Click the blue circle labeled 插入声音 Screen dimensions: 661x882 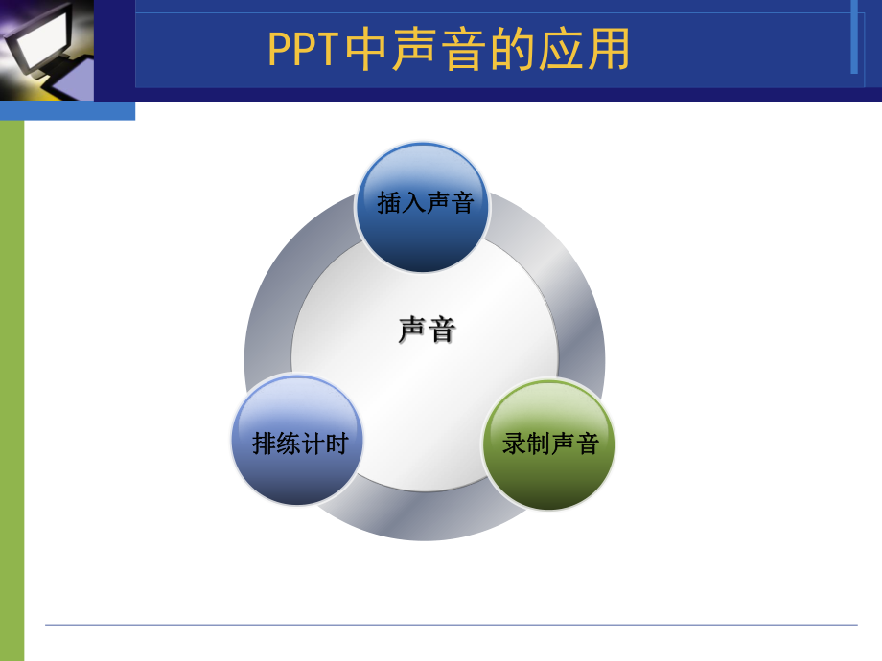[423, 206]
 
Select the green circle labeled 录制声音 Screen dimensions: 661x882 [548, 444]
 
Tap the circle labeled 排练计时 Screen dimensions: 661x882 [298, 442]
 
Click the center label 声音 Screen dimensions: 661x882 [427, 330]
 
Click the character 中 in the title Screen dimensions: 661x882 [364, 50]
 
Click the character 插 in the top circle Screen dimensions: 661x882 [389, 203]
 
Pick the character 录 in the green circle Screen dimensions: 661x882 [515, 444]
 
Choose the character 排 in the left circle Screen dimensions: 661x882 [264, 444]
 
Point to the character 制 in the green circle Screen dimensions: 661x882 [539, 444]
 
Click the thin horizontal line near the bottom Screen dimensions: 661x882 [451, 625]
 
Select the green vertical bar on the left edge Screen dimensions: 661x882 [12, 383]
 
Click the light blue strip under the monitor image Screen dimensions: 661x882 [67, 110]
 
